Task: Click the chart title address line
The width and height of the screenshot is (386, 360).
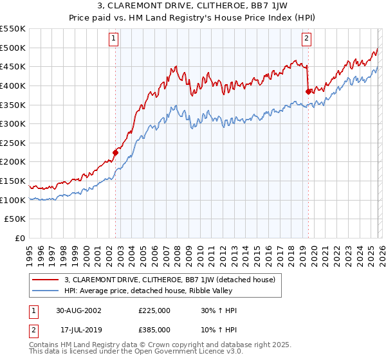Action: pyautogui.click(x=193, y=7)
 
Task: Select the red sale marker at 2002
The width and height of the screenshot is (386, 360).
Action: pyautogui.click(x=116, y=152)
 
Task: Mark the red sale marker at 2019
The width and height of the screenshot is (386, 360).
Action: pyautogui.click(x=308, y=91)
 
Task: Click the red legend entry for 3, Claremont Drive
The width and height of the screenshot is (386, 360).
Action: pyautogui.click(x=170, y=280)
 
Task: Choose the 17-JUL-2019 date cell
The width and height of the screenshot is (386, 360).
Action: pyautogui.click(x=78, y=330)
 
